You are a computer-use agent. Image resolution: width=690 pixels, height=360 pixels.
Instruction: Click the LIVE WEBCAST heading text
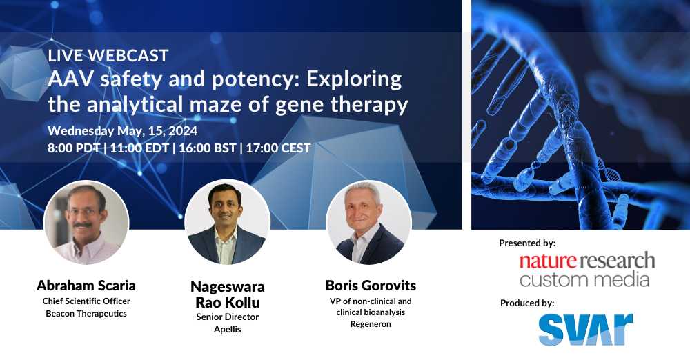(108, 55)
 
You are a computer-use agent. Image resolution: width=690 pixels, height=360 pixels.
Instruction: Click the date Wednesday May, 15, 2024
(122, 131)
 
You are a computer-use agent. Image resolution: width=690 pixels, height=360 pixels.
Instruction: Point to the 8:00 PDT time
(74, 148)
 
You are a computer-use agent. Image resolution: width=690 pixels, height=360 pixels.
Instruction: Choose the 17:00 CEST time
(278, 148)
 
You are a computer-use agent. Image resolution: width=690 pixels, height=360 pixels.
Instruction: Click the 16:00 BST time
(207, 148)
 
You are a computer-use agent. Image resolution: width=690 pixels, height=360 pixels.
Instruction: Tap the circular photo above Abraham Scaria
(87, 223)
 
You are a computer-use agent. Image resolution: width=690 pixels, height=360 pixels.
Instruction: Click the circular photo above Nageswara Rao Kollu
(227, 223)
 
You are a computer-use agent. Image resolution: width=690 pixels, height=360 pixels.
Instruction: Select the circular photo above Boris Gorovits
(368, 223)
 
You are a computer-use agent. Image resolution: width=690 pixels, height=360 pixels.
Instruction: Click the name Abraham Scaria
(86, 286)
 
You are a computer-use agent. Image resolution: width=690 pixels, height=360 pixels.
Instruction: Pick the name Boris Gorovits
(371, 286)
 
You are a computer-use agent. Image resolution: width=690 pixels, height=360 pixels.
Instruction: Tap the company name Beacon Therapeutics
(86, 314)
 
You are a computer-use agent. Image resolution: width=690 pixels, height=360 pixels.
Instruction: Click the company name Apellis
(228, 329)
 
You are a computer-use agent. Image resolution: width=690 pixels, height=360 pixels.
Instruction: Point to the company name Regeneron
(371, 324)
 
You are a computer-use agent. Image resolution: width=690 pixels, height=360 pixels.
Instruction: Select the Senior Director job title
(228, 317)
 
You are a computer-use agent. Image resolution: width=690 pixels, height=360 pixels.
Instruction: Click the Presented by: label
(527, 243)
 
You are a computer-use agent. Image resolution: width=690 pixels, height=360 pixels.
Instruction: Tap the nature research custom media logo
(586, 270)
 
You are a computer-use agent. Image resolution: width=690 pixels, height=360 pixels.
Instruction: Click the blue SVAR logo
(586, 329)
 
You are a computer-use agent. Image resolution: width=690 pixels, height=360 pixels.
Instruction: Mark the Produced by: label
(527, 303)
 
